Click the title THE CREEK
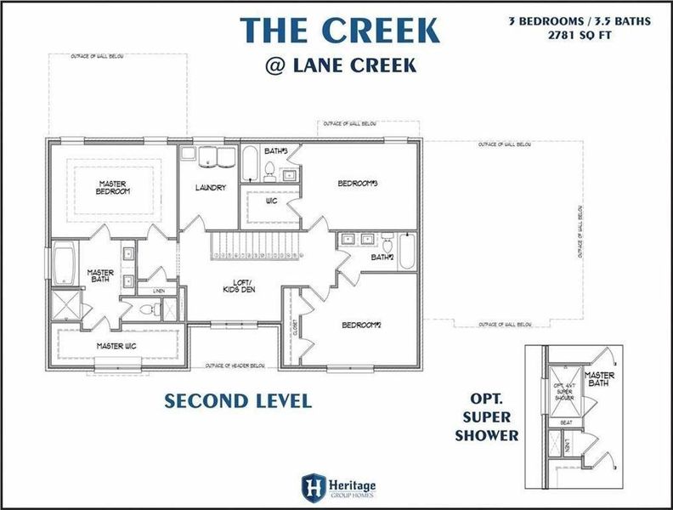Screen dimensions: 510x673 [340, 29]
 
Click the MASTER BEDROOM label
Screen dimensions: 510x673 [113, 187]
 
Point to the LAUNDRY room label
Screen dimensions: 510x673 [209, 188]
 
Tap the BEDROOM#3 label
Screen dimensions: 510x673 [358, 183]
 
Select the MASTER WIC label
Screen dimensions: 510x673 [116, 345]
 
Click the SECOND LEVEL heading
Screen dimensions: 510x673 [238, 400]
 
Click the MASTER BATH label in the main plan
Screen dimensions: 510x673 [100, 276]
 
